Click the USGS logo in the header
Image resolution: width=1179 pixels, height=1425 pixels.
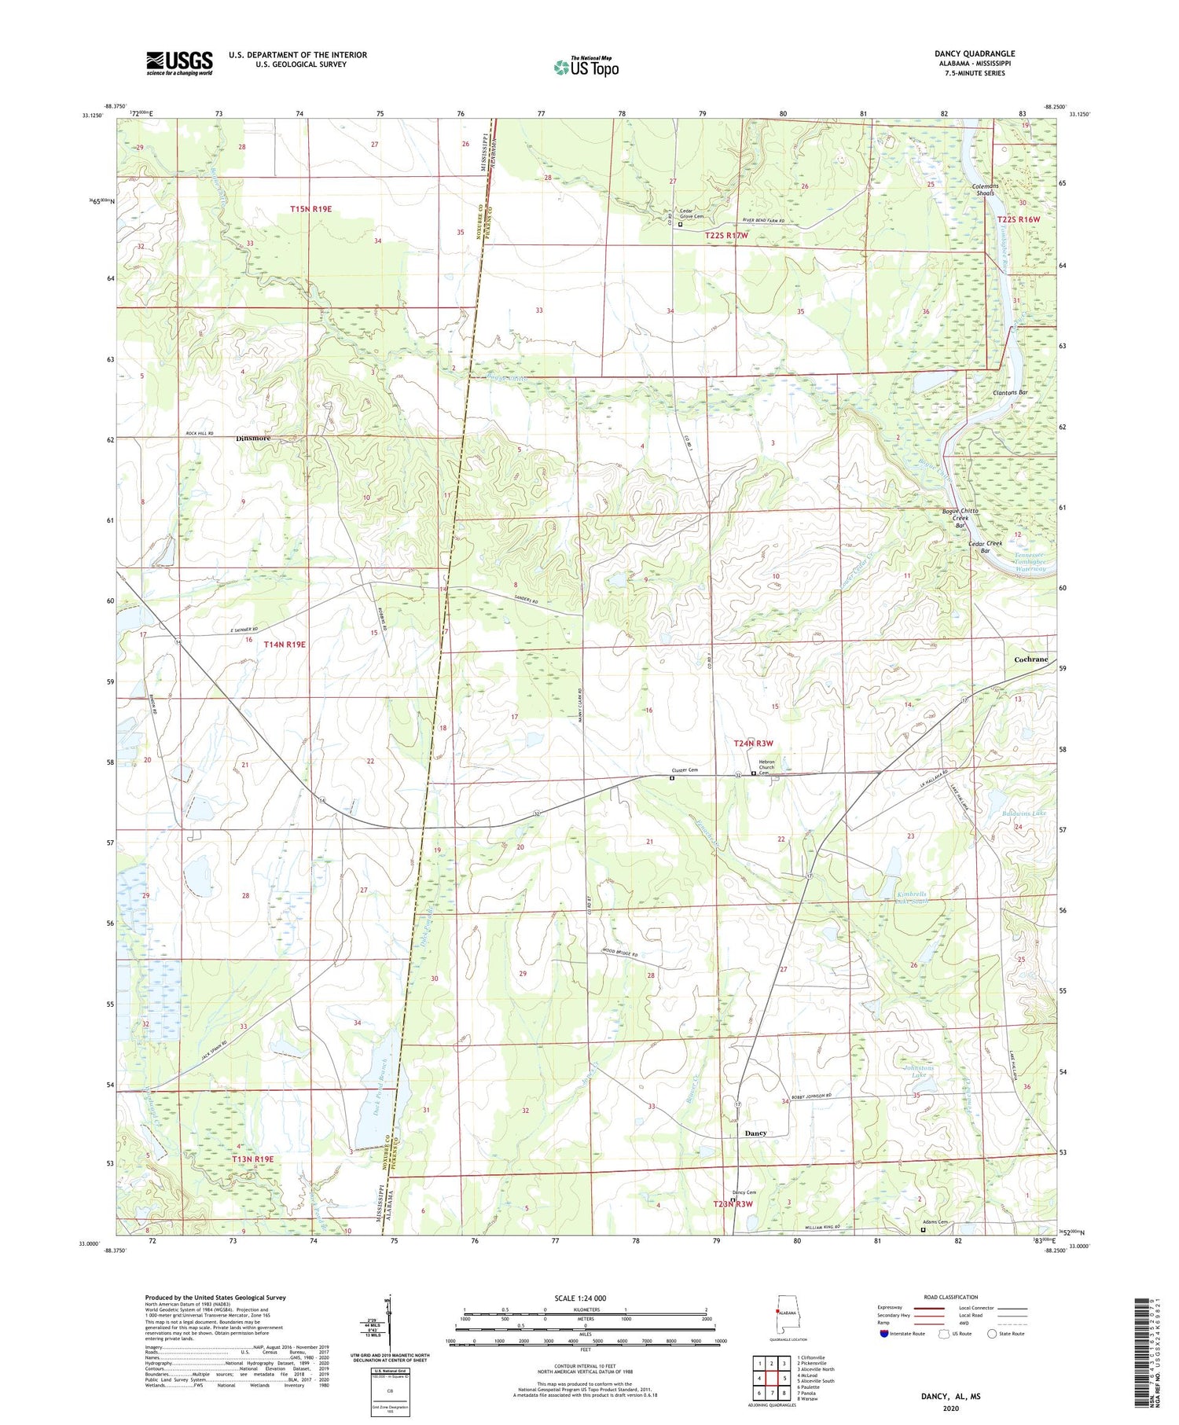(179, 63)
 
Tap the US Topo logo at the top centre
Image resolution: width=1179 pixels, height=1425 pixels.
(586, 68)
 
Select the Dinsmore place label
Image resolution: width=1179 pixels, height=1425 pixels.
(253, 439)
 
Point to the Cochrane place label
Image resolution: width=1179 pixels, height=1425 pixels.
(1030, 659)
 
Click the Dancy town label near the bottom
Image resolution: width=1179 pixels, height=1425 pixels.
(755, 1133)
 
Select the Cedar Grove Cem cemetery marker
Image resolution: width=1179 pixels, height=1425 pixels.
(681, 224)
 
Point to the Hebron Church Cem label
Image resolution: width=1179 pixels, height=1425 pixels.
(766, 767)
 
